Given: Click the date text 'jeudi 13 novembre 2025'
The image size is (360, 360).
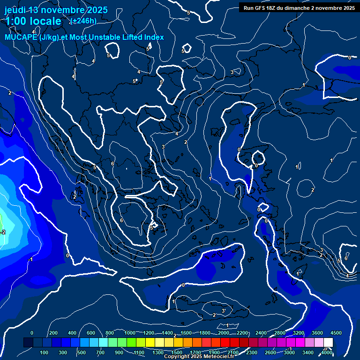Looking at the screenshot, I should pos(56,10).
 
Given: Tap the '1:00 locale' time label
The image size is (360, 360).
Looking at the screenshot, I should pos(33,21).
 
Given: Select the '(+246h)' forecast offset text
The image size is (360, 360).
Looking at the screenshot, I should pos(83,21).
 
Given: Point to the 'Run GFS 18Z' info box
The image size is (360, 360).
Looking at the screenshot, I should pos(299,7).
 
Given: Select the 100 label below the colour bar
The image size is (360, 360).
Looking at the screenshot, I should pos(45,352).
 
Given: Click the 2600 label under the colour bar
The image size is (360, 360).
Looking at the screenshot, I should pos(270,352).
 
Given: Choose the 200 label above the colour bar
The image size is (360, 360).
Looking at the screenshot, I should pos(53,333).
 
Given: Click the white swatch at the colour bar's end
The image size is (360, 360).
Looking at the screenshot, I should pos(328,343).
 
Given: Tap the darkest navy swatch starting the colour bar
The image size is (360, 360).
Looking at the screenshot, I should pos(28,343).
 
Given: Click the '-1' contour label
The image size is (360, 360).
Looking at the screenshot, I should pos(31,259).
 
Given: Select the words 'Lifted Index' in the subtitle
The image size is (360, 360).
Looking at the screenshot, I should pos(143,37).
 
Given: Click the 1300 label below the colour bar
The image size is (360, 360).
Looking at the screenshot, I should pos(158,352).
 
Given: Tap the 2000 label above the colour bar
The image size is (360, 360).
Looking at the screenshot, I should pos(224,333).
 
